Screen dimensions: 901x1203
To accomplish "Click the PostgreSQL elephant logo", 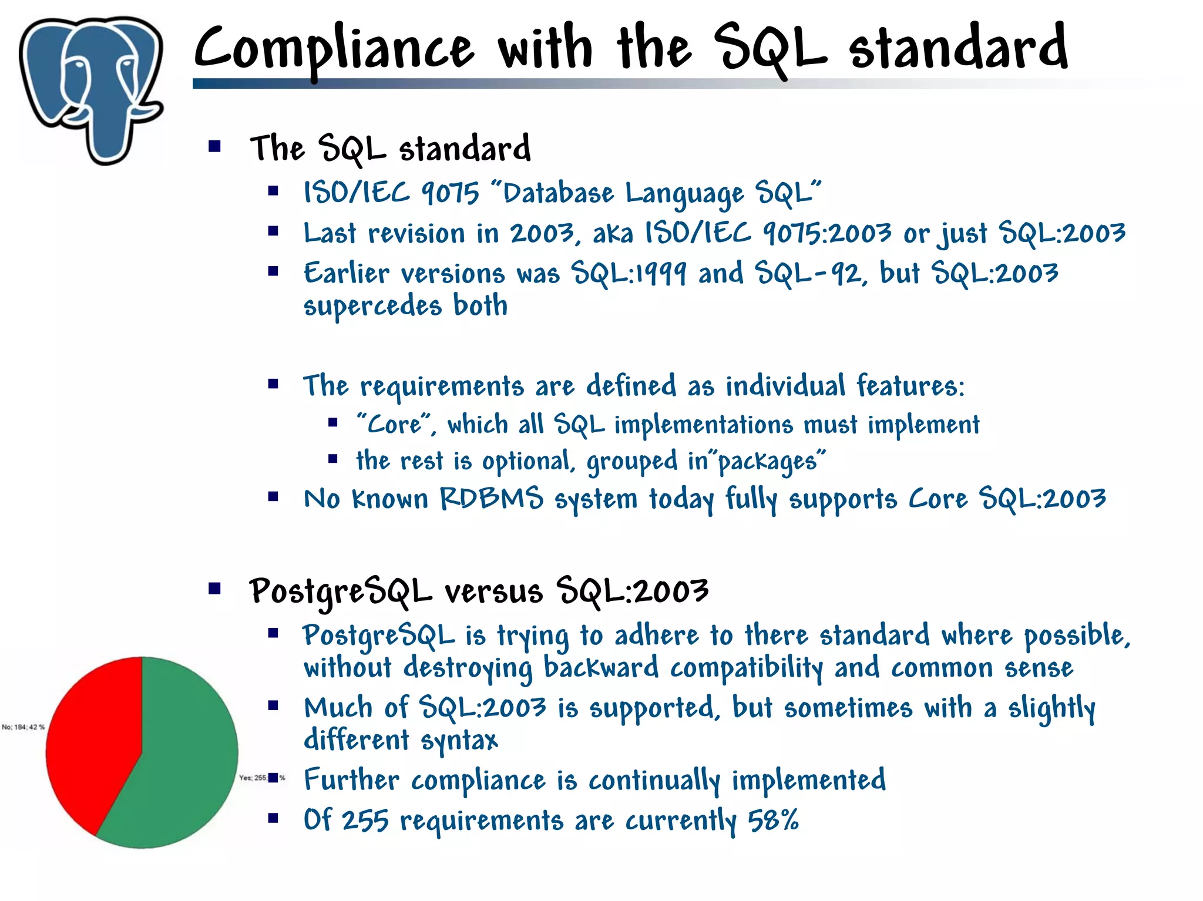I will tap(91, 88).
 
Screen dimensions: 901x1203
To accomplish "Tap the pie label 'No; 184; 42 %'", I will tap(23, 727).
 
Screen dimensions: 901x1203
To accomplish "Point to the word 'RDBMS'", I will tap(492, 499).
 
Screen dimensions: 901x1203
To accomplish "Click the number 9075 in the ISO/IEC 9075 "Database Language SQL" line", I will tap(451, 193).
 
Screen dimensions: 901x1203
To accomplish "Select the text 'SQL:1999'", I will tap(629, 274).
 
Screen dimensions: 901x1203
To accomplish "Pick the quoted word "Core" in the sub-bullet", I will tap(395, 424).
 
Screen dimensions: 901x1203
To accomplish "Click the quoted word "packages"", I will tap(771, 461).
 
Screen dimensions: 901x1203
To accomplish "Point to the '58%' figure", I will tap(773, 820).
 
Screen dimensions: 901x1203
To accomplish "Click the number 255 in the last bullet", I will tap(365, 821).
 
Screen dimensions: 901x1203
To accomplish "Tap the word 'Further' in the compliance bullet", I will tap(351, 781).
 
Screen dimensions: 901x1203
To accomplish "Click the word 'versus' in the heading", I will tap(493, 591).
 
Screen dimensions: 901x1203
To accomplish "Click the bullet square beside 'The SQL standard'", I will tap(214, 146).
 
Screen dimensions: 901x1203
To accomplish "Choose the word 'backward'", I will tap(600, 668).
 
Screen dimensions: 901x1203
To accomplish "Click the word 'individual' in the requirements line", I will tap(785, 386).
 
